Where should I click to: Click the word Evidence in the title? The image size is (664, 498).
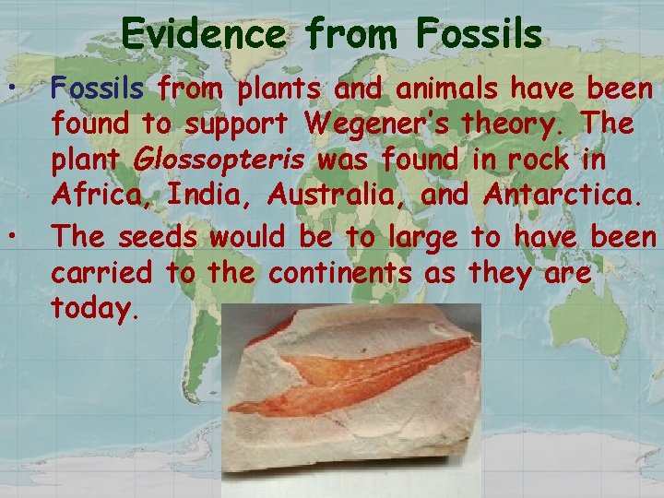(x=206, y=34)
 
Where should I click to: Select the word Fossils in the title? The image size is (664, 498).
(x=479, y=34)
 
